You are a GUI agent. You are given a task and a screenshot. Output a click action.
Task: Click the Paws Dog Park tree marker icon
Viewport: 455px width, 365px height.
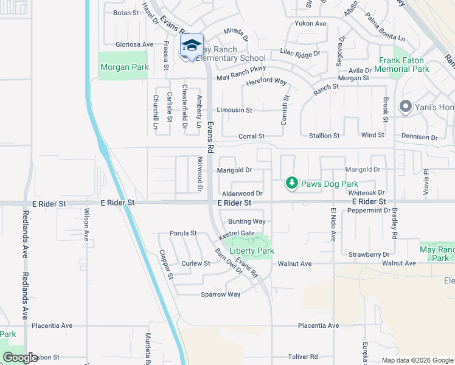tap(292, 183)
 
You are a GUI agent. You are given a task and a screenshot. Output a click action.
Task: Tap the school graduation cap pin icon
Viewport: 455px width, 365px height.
tap(191, 46)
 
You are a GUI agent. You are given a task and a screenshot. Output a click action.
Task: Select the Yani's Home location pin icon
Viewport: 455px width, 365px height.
tap(406, 108)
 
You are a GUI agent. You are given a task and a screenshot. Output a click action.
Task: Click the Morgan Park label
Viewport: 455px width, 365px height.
tap(124, 68)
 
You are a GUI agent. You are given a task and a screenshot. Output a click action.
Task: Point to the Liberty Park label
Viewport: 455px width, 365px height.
tap(251, 251)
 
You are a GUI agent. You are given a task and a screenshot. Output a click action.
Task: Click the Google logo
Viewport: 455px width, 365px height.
tap(21, 358)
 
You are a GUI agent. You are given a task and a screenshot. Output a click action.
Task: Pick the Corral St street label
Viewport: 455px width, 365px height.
tap(251, 136)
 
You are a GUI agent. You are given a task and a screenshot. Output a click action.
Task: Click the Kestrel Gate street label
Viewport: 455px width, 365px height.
tap(237, 234)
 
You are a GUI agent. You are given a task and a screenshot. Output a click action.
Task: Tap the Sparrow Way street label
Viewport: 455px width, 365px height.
tap(221, 294)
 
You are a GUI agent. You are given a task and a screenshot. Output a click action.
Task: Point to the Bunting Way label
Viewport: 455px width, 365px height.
tap(246, 221)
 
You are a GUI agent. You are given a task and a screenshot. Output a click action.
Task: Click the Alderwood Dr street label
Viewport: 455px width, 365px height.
tap(242, 193)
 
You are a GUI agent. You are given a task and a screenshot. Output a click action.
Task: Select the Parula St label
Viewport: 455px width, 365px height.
tap(183, 233)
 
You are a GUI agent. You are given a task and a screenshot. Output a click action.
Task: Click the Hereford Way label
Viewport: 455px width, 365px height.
tap(266, 81)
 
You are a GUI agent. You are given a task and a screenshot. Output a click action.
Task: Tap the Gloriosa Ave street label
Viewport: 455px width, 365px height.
tap(135, 44)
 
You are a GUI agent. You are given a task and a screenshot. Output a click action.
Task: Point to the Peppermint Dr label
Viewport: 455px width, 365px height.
tap(369, 210)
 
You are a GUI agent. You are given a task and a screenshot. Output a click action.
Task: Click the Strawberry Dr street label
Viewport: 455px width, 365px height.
tap(369, 254)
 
